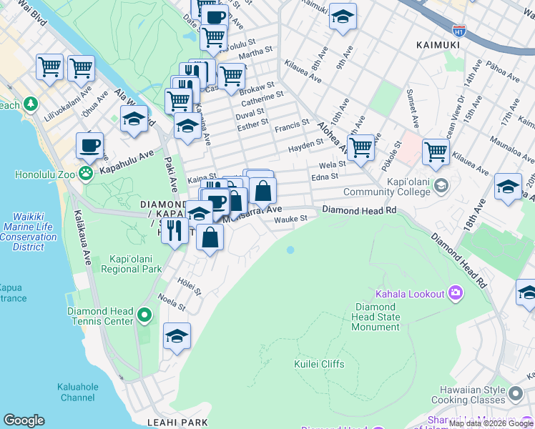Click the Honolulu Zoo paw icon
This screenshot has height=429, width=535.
85,172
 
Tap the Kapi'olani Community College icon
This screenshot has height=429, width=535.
441,185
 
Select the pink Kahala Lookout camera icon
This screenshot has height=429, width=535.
455,293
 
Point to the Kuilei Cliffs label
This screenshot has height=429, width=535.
319,364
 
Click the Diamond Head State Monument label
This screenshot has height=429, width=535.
376,317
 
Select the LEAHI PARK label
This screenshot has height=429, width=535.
177,423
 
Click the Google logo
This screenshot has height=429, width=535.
24,420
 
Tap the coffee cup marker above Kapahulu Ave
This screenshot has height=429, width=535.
90,146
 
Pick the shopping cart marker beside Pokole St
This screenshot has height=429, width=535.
436,152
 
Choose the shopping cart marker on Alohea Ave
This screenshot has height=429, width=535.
361,147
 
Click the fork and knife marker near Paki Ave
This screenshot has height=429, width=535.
175,230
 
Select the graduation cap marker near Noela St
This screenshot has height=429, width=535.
177,336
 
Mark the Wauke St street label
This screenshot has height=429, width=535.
291,218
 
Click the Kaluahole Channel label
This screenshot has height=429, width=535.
78,392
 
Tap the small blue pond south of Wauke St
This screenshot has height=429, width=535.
290,250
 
